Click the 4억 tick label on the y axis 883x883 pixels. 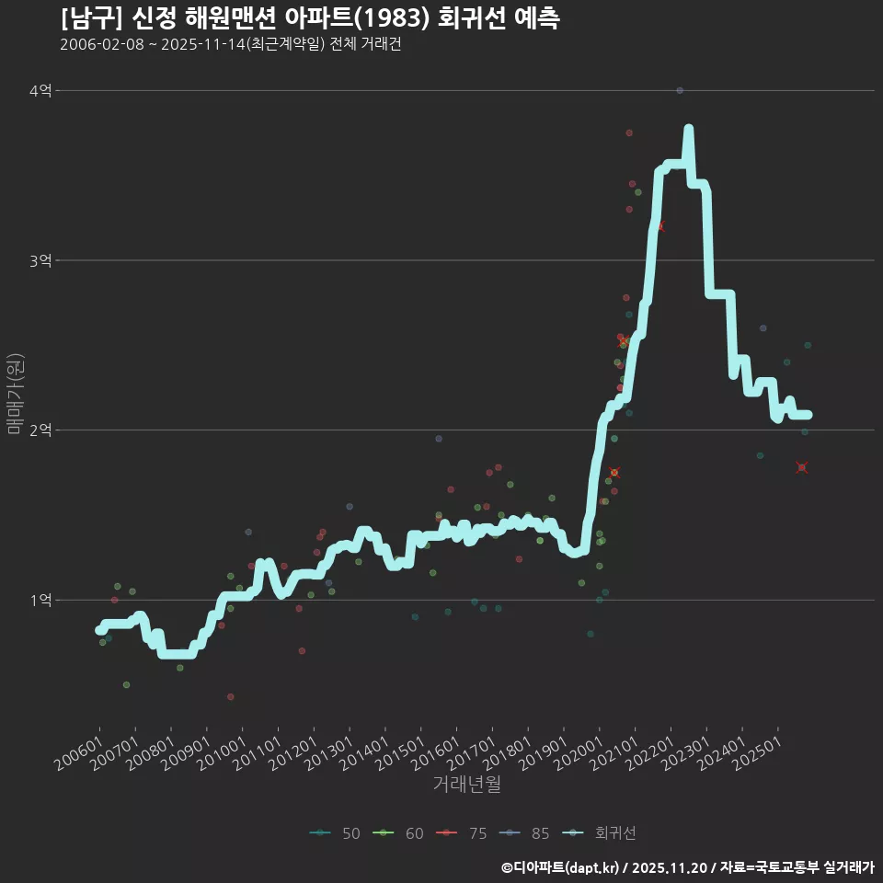click(40, 90)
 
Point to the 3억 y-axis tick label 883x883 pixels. click(40, 260)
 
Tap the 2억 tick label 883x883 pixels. click(40, 430)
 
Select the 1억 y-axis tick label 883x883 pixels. click(40, 600)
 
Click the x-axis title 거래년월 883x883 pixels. click(467, 785)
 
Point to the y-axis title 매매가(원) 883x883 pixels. click(15, 393)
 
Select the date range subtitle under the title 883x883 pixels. click(230, 45)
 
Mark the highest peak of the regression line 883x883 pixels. click(688, 130)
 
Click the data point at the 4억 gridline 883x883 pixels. click(679, 90)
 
